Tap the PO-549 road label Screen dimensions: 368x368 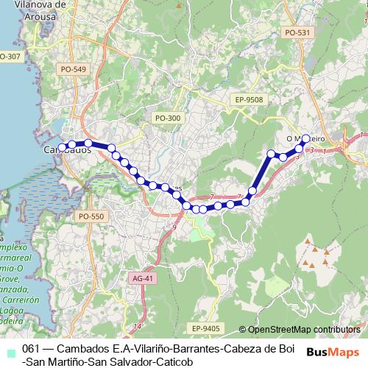(x=75, y=69)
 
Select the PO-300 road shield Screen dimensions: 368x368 (x=167, y=118)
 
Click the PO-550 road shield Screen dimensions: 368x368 (x=93, y=216)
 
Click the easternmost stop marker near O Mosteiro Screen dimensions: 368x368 (x=306, y=138)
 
